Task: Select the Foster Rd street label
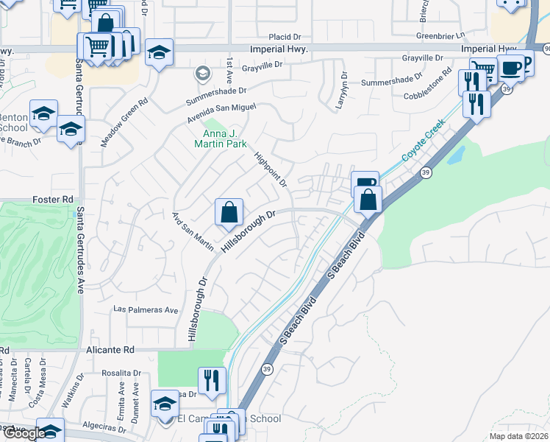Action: click(54, 199)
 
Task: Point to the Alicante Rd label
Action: click(111, 350)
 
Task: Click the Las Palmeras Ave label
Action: click(146, 310)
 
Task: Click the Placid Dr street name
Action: click(285, 36)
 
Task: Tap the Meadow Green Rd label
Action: click(126, 121)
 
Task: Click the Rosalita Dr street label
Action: click(121, 373)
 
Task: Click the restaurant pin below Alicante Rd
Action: click(212, 380)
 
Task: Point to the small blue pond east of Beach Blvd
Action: click(455, 155)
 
